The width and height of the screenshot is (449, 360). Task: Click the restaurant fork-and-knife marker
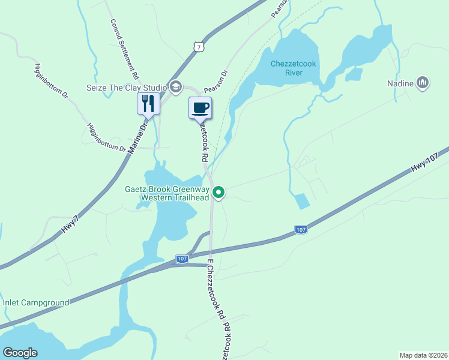(x=147, y=103)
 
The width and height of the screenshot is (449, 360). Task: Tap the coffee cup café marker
(x=200, y=108)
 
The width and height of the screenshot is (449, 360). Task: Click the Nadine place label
(x=400, y=83)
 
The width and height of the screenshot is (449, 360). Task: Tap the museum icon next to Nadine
(x=423, y=83)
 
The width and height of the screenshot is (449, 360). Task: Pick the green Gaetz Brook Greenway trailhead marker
(x=219, y=193)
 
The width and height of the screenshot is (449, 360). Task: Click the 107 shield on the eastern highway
(x=301, y=229)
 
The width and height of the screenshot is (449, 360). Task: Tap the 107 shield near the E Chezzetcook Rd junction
(x=182, y=259)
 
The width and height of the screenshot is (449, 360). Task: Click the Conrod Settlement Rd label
(x=124, y=50)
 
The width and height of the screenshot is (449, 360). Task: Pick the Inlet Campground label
(x=36, y=302)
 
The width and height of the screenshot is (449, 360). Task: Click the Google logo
(x=20, y=353)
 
